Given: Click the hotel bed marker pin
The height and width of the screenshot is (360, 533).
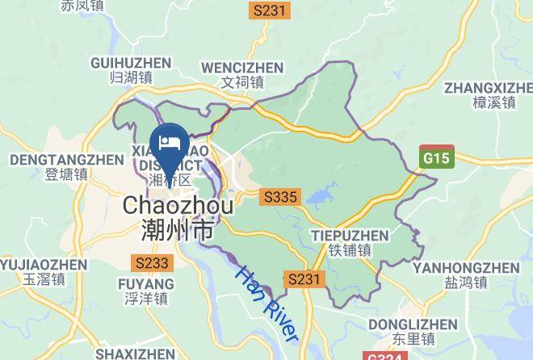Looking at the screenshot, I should click(170, 142).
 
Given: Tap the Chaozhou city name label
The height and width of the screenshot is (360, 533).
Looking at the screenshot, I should click(178, 207).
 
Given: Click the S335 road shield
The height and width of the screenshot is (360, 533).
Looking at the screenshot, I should click(280, 197).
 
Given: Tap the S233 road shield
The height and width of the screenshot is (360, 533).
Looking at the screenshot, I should click(153, 263).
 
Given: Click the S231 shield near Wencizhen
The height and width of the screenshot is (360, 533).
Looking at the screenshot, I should click(269, 10).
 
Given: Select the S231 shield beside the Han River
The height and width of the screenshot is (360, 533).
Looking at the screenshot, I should click(306, 279).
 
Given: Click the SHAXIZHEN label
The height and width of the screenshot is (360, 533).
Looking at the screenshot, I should click(135, 354).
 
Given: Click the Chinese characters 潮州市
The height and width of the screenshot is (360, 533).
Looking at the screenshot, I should click(178, 232).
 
